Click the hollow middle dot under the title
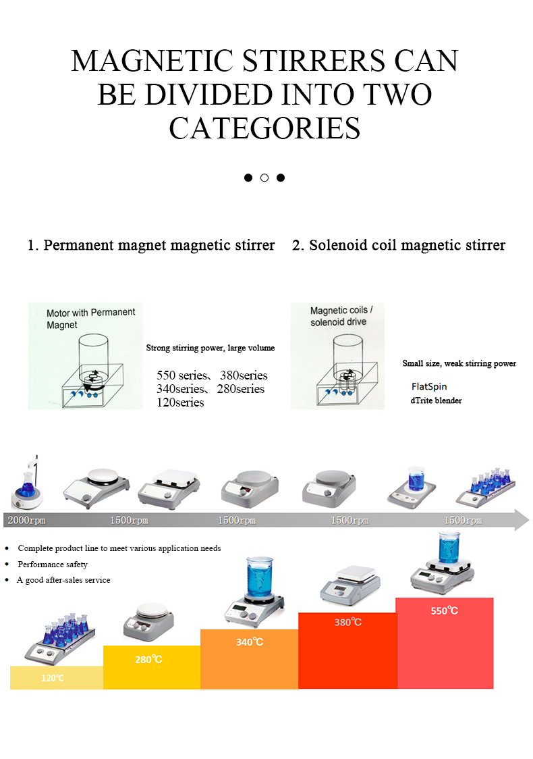point(264,178)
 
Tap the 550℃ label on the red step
point(444,610)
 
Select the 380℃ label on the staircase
point(347,622)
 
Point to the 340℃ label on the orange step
point(249,642)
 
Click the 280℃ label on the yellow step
point(148,659)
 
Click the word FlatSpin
point(429,387)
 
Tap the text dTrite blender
point(437,400)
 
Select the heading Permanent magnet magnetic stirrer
point(151,245)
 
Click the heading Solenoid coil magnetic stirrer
point(398,245)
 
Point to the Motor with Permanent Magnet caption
point(90,318)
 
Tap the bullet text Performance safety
point(53,564)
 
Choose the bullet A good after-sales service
point(63,580)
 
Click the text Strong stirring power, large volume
point(211,348)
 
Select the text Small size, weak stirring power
point(459,363)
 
